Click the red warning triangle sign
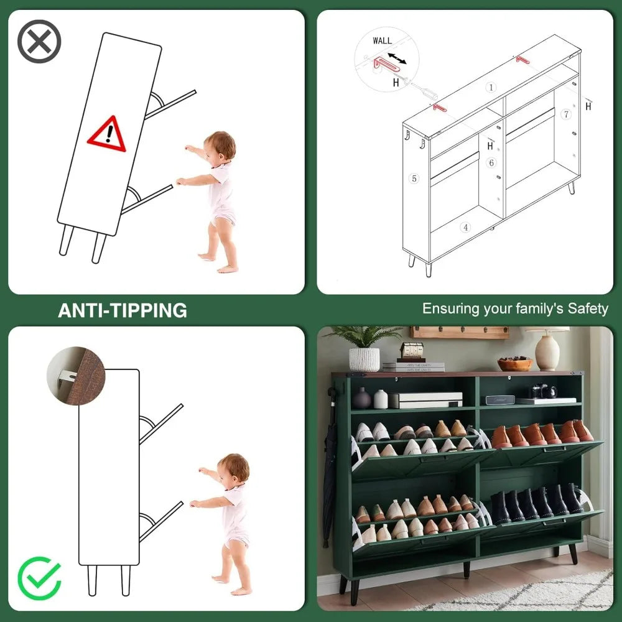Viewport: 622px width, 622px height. [x=107, y=135]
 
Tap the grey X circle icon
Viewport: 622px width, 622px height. [x=39, y=41]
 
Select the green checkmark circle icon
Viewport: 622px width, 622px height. [x=39, y=578]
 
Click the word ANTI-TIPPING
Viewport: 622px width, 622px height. [x=123, y=310]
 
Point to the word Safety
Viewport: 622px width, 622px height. [x=588, y=309]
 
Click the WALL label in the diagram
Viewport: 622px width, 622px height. [x=382, y=40]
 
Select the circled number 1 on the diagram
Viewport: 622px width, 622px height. [x=491, y=87]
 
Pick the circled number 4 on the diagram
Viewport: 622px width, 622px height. [x=465, y=227]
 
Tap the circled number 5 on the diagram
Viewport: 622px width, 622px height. [x=414, y=179]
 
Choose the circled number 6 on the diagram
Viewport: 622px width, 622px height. [x=491, y=162]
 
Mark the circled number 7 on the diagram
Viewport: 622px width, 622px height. [x=567, y=114]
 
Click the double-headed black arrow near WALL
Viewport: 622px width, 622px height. [x=397, y=58]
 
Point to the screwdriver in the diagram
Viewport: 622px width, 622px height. [x=423, y=90]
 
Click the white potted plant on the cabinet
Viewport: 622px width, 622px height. [x=364, y=349]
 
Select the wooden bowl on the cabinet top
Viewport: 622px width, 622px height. [x=515, y=363]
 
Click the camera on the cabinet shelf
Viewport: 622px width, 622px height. [x=544, y=391]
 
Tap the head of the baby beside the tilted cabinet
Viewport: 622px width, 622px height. [x=221, y=146]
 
